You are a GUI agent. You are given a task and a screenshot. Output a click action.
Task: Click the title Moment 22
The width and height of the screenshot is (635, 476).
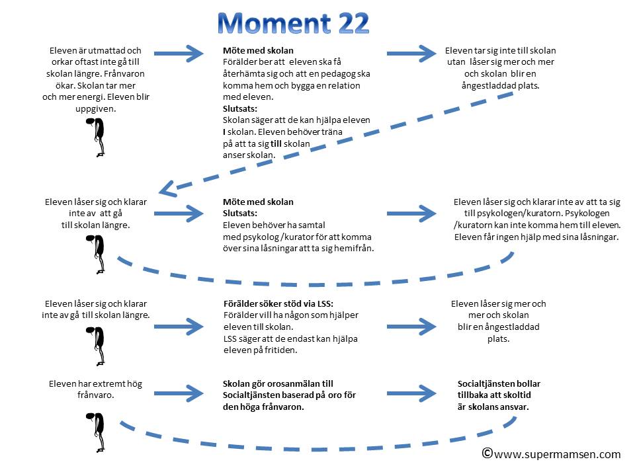click(x=293, y=24)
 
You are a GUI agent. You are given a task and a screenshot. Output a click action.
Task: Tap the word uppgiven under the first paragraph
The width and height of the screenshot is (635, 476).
click(x=96, y=109)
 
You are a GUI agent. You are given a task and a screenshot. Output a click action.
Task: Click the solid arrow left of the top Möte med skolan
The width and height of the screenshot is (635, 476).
click(x=181, y=53)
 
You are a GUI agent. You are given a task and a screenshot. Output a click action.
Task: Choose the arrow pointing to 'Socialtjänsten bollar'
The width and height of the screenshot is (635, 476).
click(x=411, y=392)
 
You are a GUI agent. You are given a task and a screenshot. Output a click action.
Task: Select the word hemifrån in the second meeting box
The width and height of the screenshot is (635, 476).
click(x=353, y=249)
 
